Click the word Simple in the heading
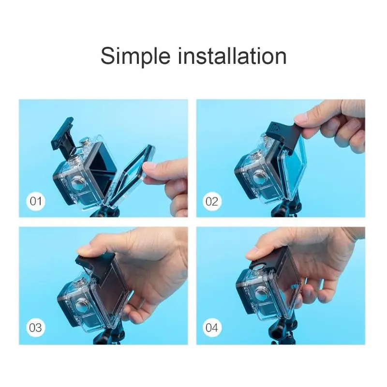[x=135, y=57]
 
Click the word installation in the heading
[x=232, y=56]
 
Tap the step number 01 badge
[x=35, y=201]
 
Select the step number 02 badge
[x=212, y=201]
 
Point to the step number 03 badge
[x=35, y=328]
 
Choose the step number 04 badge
[x=212, y=328]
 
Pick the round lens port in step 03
[x=82, y=307]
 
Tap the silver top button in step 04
[x=258, y=268]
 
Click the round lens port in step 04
[x=262, y=293]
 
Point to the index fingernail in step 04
[x=251, y=253]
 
